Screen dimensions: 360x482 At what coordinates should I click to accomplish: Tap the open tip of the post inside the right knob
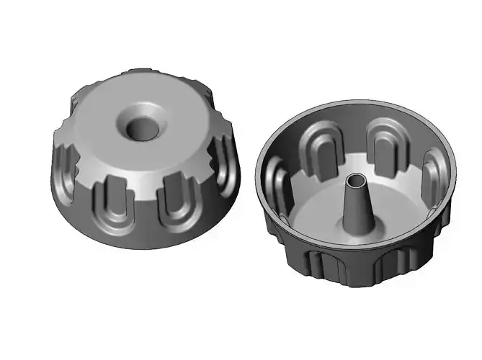(x=355, y=178)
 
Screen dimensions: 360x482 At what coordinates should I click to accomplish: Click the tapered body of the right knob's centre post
(x=355, y=202)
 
